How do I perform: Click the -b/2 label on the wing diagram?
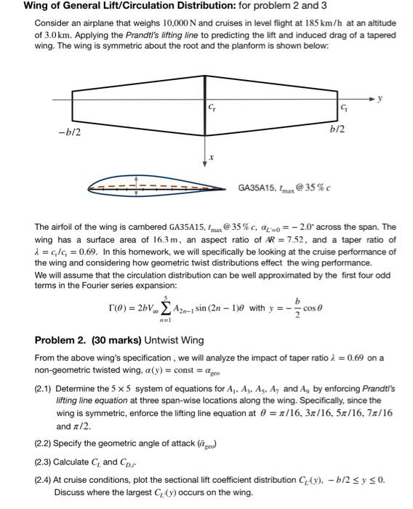71,133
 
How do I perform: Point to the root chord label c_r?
212,108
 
